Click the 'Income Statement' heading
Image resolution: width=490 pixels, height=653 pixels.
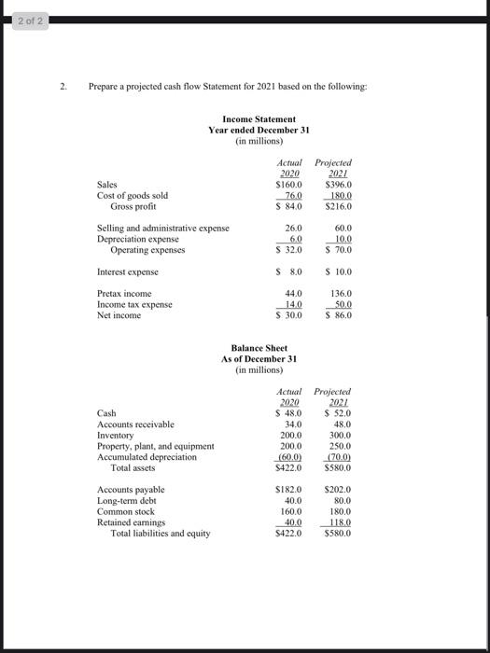[x=259, y=119]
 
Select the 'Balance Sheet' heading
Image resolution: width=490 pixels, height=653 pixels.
[x=259, y=348]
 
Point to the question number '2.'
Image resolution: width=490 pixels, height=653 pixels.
[x=64, y=86]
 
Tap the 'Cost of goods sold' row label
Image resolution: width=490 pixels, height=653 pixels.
[x=133, y=195]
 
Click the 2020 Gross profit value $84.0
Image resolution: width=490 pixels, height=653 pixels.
[x=289, y=205]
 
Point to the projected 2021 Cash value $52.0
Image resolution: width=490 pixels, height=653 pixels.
[x=333, y=413]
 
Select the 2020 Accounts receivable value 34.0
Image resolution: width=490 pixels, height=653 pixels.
[x=293, y=424]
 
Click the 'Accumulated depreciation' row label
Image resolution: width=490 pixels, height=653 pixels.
[x=147, y=457]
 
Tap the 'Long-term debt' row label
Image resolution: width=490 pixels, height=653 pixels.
[x=128, y=501]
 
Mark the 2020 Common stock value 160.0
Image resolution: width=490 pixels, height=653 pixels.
[x=291, y=512]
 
